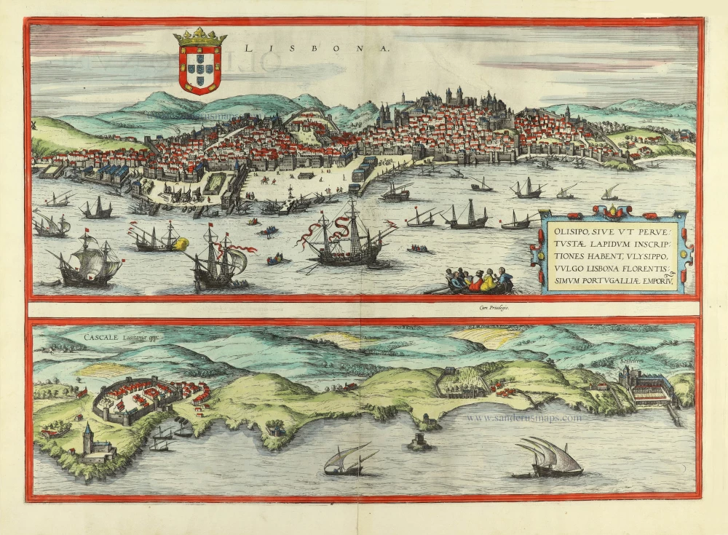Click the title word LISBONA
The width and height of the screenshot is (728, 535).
click(317, 49)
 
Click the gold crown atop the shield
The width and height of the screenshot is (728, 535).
click(199, 36)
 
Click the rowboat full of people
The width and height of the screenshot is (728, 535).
click(480, 280)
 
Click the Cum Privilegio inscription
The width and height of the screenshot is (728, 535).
click(494, 309)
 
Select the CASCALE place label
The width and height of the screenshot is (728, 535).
click(106, 338)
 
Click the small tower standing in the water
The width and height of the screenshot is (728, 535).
click(419, 442)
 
